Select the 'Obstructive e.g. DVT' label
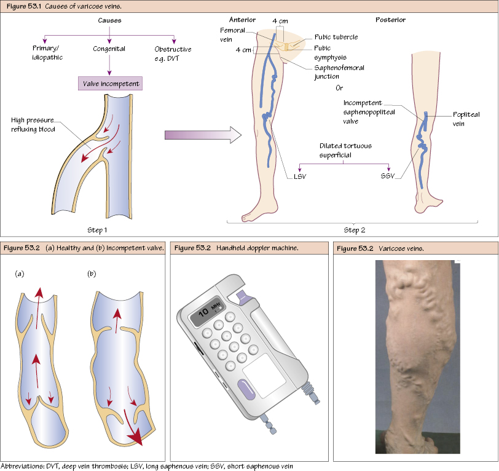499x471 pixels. pyautogui.click(x=173, y=52)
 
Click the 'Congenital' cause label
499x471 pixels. pyautogui.click(x=109, y=49)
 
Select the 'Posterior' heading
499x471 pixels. pyautogui.click(x=390, y=20)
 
